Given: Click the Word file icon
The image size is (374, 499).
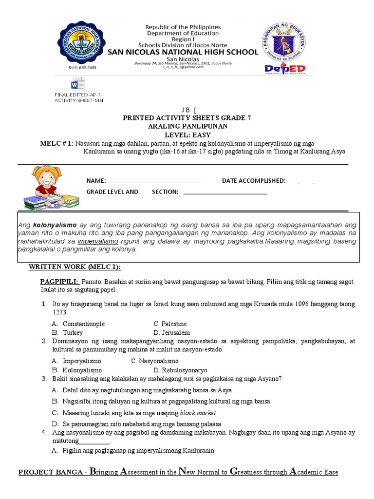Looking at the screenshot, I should click(x=78, y=84).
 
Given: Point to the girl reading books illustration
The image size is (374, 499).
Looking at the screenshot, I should click(x=47, y=188).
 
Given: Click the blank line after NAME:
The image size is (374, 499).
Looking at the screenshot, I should click(x=154, y=181).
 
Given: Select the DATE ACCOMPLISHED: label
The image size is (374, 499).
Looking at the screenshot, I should click(x=254, y=181).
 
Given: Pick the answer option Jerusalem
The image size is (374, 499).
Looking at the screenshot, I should click(x=176, y=332).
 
